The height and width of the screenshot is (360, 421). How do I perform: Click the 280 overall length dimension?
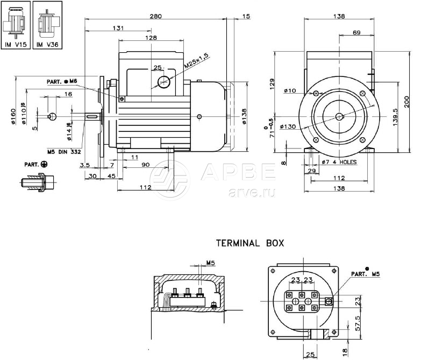[155, 16]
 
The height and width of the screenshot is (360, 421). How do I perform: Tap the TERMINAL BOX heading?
[250, 243]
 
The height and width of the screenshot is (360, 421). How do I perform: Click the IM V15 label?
[15, 45]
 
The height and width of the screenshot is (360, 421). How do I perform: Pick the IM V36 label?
[47, 45]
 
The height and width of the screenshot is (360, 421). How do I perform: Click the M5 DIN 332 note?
[63, 152]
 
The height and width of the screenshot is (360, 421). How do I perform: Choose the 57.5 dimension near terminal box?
[357, 325]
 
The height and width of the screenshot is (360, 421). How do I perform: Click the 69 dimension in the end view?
[356, 33]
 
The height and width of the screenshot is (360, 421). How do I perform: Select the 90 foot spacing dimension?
[145, 166]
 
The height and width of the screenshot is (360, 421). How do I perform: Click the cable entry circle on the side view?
[163, 82]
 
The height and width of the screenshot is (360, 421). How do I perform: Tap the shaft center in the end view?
[339, 117]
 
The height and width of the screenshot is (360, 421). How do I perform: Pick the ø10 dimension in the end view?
[290, 90]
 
